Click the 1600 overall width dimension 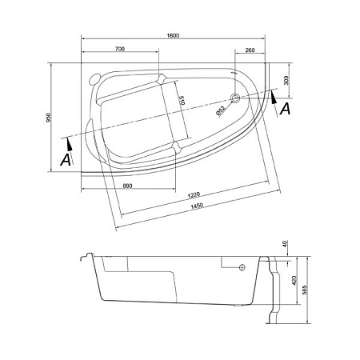[x=173, y=36]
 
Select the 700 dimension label [x=120, y=49]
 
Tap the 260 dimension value [x=250, y=50]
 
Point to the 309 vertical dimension [x=286, y=80]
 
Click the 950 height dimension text [x=48, y=118]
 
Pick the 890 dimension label [x=128, y=186]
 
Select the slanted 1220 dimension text [x=194, y=195]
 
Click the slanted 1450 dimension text [x=197, y=206]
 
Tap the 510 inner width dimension [x=182, y=101]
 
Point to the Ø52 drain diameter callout [x=221, y=111]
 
